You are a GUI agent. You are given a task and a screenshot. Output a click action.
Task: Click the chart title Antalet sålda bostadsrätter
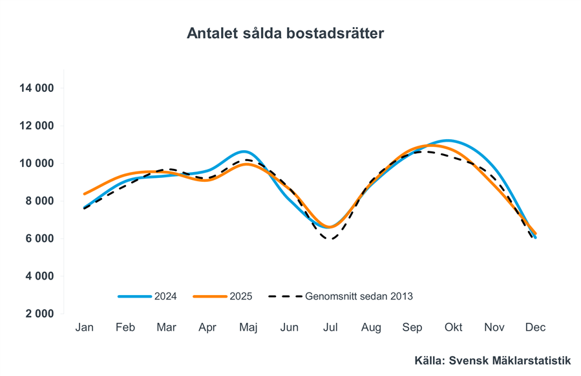(x=285, y=33)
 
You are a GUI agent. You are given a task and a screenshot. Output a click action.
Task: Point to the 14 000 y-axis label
(x=36, y=88)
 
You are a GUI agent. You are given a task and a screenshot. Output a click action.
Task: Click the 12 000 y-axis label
(x=36, y=126)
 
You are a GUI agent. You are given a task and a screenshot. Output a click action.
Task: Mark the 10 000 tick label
(x=36, y=163)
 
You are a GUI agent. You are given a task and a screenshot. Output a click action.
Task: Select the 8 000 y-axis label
(x=39, y=201)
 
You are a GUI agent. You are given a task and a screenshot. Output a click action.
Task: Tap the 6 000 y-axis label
(x=39, y=238)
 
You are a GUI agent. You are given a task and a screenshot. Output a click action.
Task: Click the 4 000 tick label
(x=39, y=276)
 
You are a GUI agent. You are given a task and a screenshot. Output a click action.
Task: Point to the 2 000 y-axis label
(x=39, y=314)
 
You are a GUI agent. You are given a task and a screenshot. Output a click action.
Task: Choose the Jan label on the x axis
(x=84, y=327)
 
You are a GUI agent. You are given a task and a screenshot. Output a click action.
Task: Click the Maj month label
(x=248, y=327)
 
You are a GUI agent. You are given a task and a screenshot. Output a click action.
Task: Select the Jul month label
(x=330, y=327)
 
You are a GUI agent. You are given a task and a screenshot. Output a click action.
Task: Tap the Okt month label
(x=453, y=327)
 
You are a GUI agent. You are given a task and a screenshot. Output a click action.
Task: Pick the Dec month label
(x=535, y=327)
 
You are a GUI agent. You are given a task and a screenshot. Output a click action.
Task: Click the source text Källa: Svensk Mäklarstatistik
(x=492, y=360)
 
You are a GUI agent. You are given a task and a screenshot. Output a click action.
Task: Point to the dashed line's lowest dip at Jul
(x=331, y=239)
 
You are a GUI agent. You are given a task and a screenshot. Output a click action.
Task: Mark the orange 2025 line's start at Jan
(x=85, y=194)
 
